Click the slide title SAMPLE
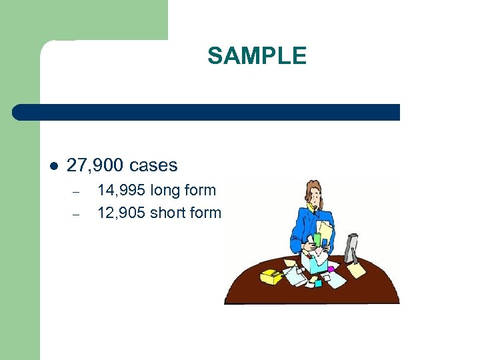point(257,56)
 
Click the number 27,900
point(96,165)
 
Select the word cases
point(154,165)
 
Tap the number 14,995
point(121,190)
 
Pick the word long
point(166,191)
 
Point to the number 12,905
point(121,213)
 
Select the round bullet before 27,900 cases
point(53,166)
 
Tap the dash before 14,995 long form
point(76,192)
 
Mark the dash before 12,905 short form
point(76,215)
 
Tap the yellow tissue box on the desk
point(271,275)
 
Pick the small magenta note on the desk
point(318,283)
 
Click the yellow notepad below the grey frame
point(357,269)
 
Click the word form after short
point(205,213)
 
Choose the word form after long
point(200,191)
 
